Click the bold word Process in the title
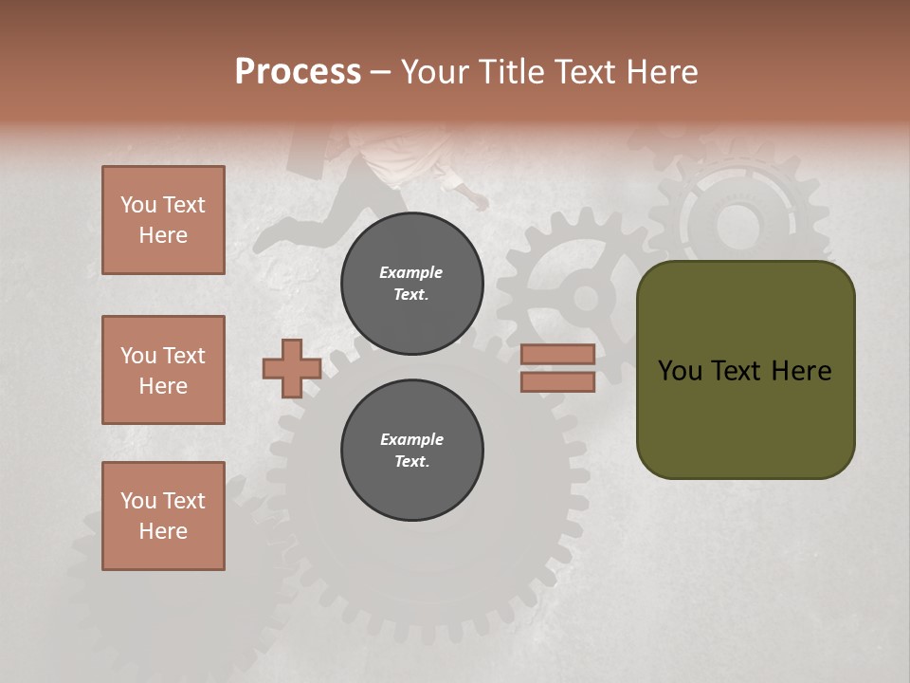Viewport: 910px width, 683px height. [298, 71]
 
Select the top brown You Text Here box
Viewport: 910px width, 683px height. [163, 220]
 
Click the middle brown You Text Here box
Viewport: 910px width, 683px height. [163, 370]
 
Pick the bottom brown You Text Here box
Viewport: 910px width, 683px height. [163, 515]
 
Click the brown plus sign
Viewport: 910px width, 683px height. [291, 368]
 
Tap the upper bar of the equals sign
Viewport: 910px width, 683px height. [557, 354]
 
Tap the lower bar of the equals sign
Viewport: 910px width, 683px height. [557, 382]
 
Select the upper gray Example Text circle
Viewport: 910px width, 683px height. [411, 284]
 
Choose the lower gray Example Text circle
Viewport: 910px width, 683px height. [411, 450]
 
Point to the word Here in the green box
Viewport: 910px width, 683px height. [801, 370]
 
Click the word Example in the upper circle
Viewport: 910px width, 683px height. [411, 272]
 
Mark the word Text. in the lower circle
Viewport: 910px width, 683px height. [411, 461]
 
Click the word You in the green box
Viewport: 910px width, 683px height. [679, 370]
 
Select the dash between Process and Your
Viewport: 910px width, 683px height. [380, 72]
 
